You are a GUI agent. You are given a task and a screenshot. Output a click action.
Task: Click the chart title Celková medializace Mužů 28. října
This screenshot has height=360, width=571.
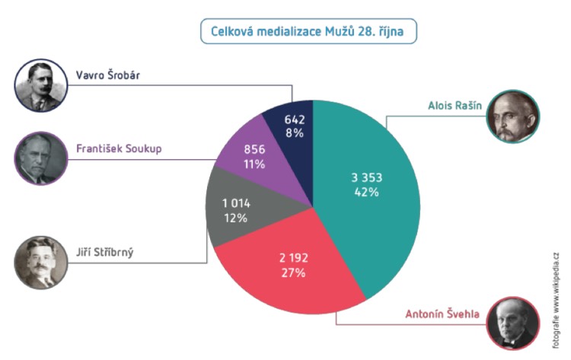(x=308, y=32)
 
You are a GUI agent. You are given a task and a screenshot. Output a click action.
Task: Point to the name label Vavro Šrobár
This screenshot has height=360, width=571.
(x=107, y=75)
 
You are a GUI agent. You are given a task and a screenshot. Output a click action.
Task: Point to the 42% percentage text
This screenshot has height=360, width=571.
(x=366, y=192)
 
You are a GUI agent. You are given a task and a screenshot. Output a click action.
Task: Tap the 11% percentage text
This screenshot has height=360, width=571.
(x=255, y=164)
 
